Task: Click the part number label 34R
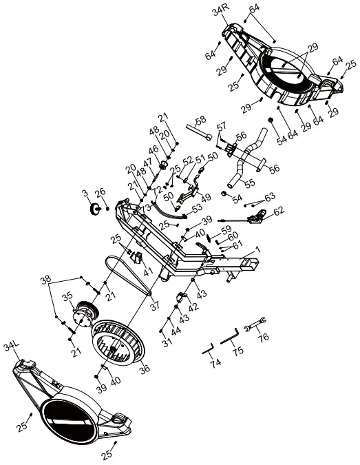[x=221, y=13]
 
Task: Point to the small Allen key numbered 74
[x=208, y=349]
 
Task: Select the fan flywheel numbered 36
[x=118, y=343]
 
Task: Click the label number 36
[x=145, y=369]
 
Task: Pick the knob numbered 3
[x=95, y=209]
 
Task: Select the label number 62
[x=279, y=211]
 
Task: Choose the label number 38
[x=45, y=280]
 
